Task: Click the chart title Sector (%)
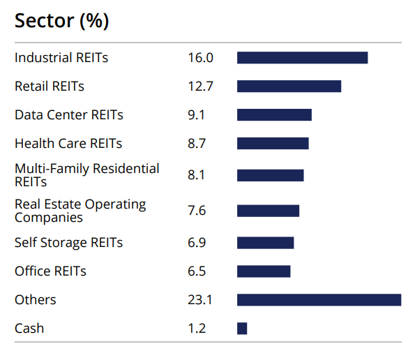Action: [61, 20]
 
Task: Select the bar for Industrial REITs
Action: [302, 58]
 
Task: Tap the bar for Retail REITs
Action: [289, 87]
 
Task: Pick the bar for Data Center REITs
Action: [274, 115]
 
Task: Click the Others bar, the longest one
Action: [319, 300]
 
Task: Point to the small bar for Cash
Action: [242, 328]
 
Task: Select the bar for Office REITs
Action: [264, 271]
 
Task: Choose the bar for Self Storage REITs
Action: [265, 243]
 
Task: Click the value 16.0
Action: [200, 58]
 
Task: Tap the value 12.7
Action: [200, 87]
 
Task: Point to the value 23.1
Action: [200, 300]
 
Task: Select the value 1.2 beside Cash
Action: [197, 328]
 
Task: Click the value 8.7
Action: [196, 144]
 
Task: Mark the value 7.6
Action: [196, 211]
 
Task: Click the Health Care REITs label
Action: [68, 144]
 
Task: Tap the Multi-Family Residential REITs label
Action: [86, 175]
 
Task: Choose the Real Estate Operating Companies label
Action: [80, 211]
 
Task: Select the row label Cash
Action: [29, 328]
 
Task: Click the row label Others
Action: [36, 300]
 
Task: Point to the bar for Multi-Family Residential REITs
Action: [270, 175]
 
